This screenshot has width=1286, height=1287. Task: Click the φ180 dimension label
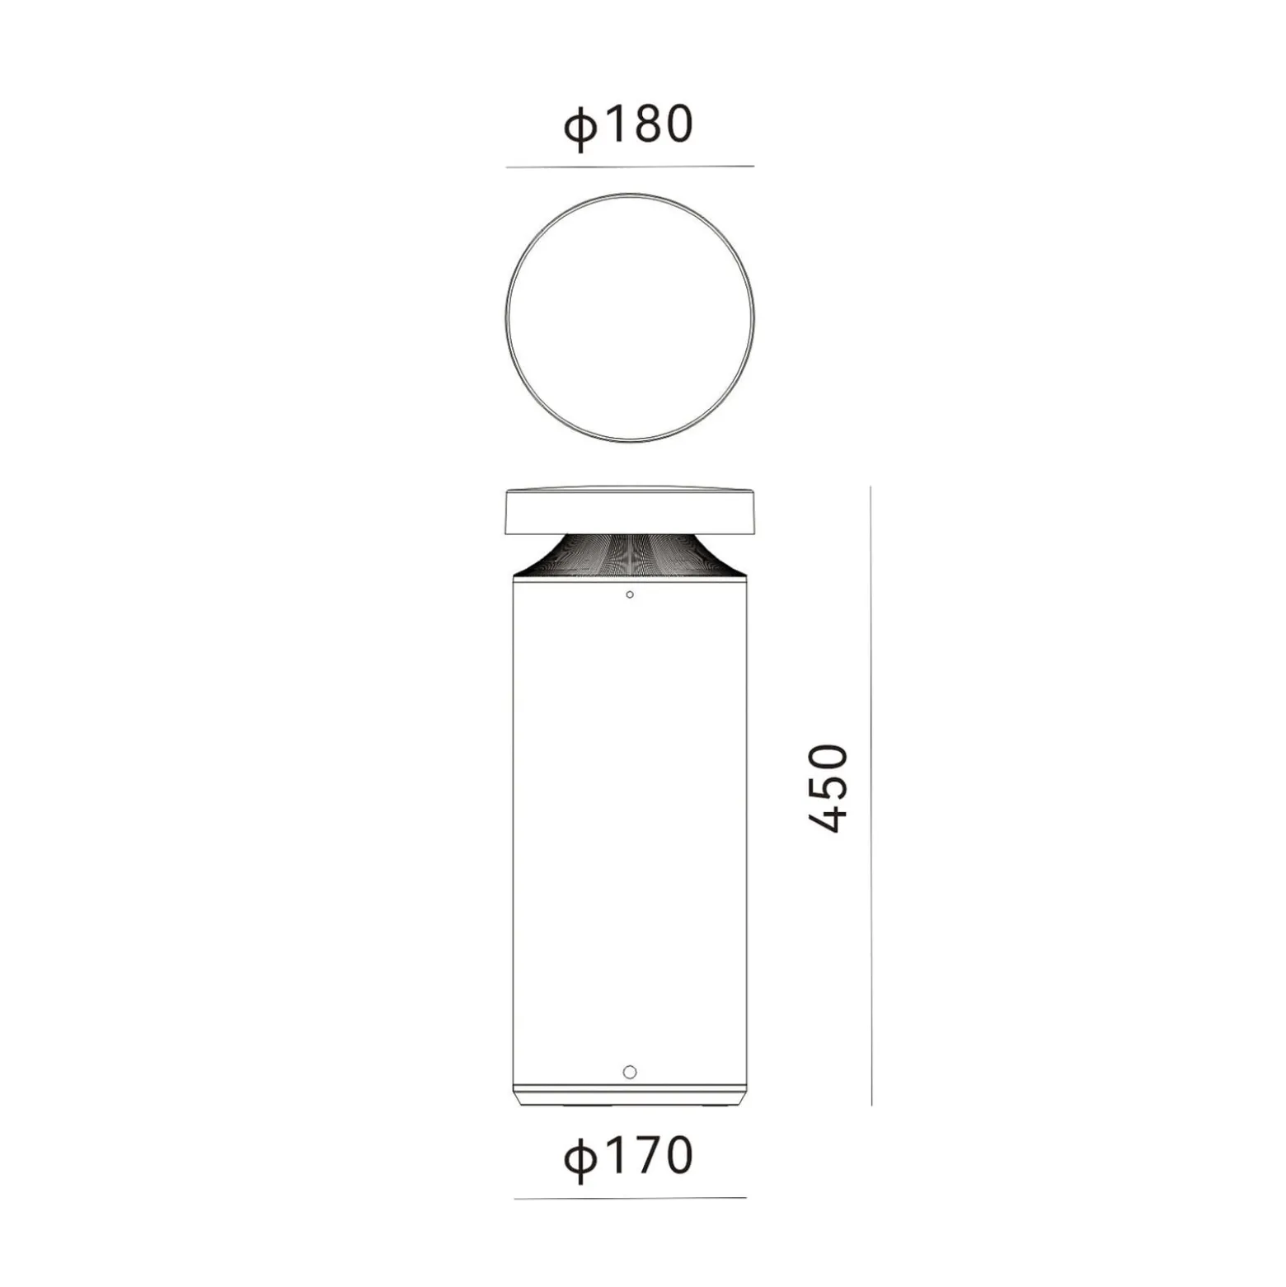point(628,126)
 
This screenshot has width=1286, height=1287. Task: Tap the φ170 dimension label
point(628,1157)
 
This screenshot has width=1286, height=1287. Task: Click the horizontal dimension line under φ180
point(630,167)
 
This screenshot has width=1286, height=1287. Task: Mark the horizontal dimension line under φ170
point(630,1198)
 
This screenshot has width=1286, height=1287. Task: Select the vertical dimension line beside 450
point(871,796)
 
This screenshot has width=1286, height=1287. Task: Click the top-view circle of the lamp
point(630,195)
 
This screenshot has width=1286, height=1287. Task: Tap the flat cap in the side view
point(630,510)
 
